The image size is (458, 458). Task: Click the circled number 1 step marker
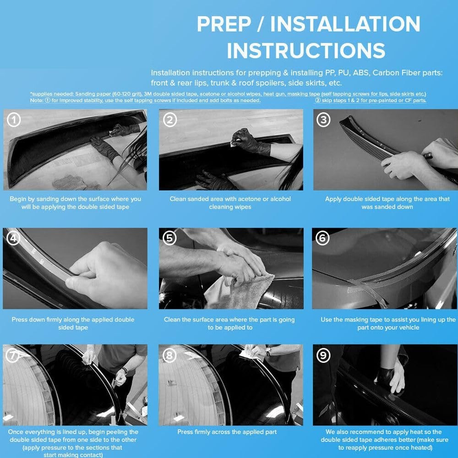pos(13,120)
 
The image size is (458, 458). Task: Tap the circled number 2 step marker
pos(170,120)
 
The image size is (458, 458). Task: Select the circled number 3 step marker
pos(324,120)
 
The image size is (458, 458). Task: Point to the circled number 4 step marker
pos(13,238)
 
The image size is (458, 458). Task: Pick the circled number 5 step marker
pos(170,238)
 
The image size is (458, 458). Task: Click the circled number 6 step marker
pos(322,238)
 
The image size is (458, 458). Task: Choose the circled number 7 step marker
pos(13,355)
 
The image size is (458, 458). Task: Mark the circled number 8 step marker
pos(170,355)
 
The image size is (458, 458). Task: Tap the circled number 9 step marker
pos(323,355)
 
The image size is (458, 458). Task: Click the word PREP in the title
pos(224,24)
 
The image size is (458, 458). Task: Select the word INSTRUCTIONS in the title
pos(306,50)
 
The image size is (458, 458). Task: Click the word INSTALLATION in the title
pos(345,24)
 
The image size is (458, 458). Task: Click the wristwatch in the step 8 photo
pos(267,351)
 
